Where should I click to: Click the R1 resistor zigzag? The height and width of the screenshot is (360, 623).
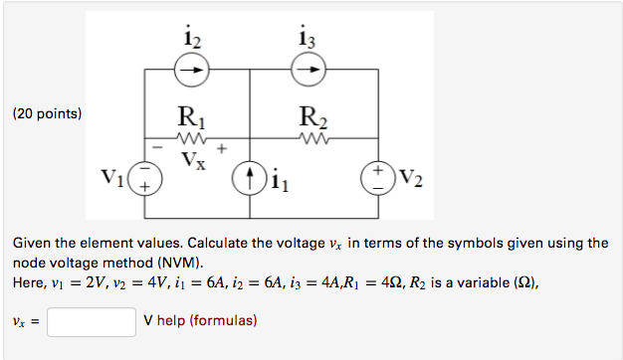pyautogui.click(x=190, y=139)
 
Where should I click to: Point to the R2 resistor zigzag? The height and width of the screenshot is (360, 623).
pyautogui.click(x=312, y=139)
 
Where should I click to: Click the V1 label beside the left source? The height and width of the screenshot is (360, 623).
pyautogui.click(x=114, y=179)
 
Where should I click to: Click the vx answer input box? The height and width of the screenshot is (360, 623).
pyautogui.click(x=91, y=322)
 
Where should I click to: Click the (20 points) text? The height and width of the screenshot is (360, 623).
pyautogui.click(x=46, y=114)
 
